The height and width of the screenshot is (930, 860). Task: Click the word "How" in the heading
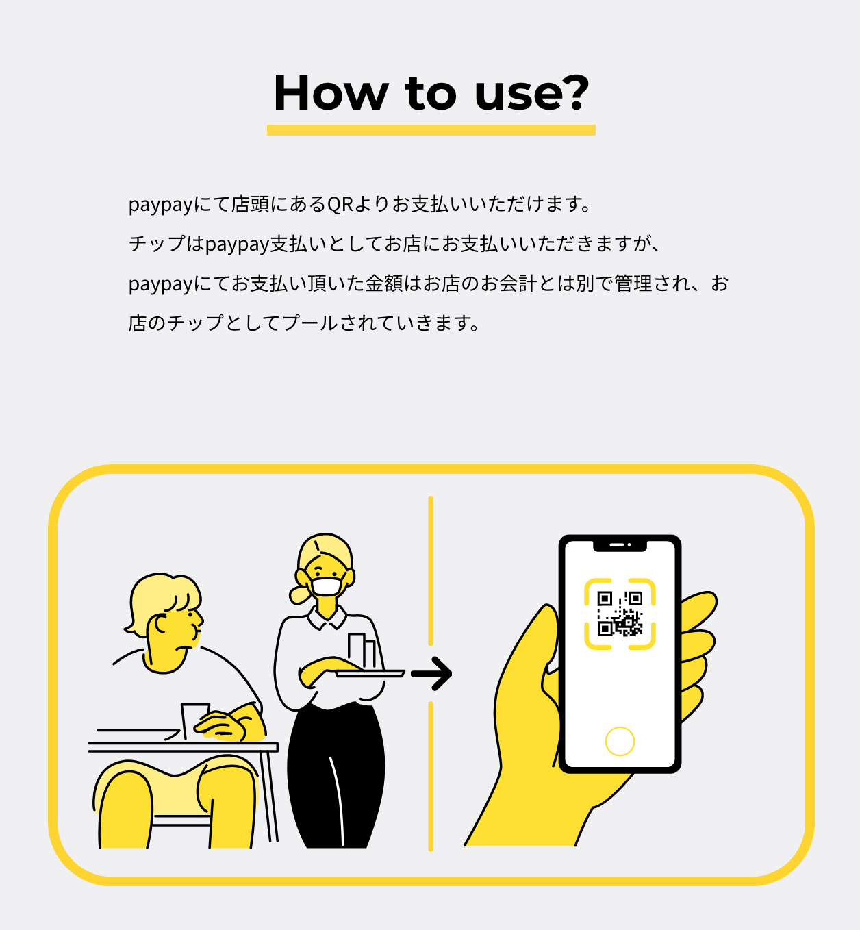point(331,92)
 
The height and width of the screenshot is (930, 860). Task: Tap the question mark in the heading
point(574,92)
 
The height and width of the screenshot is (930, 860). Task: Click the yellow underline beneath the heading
point(431,130)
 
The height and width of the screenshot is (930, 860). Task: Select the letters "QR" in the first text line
point(340,205)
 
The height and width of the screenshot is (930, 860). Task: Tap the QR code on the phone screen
point(620,614)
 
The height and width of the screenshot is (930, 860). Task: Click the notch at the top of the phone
point(620,546)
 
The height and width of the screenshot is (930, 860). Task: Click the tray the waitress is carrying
point(370,673)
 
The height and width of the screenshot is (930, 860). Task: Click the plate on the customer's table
point(138,734)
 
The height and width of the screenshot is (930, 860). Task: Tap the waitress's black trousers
point(336,777)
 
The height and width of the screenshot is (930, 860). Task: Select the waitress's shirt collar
point(327,618)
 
